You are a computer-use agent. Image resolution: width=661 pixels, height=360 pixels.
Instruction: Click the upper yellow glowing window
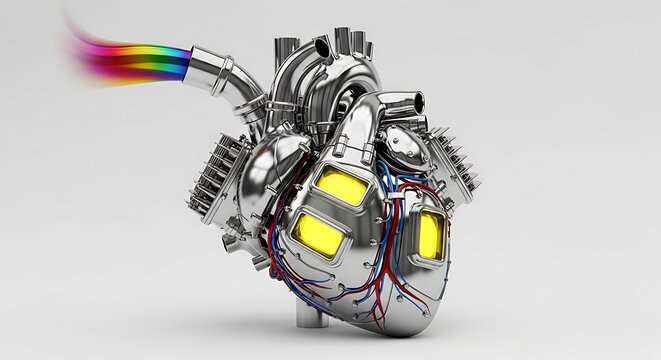341,185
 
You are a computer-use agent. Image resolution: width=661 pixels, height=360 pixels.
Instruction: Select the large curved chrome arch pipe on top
300,85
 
